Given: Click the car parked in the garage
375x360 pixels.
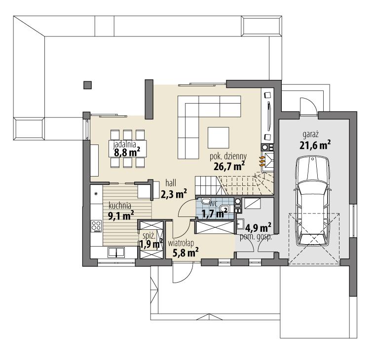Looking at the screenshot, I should pos(312,201).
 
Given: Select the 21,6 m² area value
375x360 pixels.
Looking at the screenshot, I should pos(314,144).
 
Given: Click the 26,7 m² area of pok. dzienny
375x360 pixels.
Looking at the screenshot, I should pos(229,167).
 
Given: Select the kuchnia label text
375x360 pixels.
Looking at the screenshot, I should pos(119,206).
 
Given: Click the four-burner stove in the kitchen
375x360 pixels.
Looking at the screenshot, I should pos(96,226).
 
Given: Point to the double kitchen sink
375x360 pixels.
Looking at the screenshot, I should pos(116,253).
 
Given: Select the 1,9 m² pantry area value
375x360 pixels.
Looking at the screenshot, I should pos(150,244).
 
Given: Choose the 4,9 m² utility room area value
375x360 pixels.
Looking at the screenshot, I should pos(259,227).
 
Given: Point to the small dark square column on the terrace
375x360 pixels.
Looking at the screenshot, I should pos(87,85).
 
